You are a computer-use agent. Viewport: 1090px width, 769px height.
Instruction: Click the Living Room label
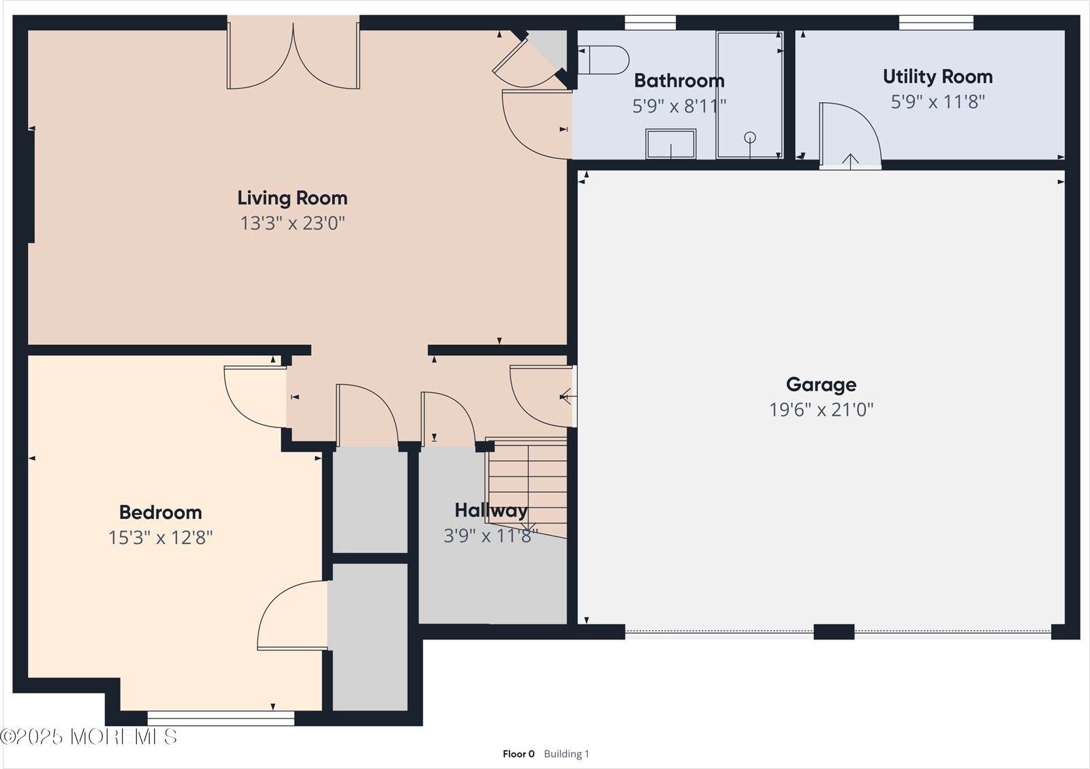pyautogui.click(x=292, y=198)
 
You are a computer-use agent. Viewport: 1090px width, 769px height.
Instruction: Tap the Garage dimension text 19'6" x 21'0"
pyautogui.click(x=821, y=410)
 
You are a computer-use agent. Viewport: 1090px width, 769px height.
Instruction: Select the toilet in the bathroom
pyautogui.click(x=604, y=60)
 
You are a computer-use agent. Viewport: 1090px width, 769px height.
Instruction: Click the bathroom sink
pyautogui.click(x=671, y=144)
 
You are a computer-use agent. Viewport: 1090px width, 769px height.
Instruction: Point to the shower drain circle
pyautogui.click(x=750, y=138)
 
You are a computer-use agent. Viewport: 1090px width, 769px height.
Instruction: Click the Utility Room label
pyautogui.click(x=937, y=76)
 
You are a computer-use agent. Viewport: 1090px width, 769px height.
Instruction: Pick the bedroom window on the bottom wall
pyautogui.click(x=221, y=717)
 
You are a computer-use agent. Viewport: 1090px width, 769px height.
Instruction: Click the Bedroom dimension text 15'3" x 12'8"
pyautogui.click(x=161, y=538)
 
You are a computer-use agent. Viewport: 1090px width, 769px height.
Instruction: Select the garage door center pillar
pyautogui.click(x=834, y=632)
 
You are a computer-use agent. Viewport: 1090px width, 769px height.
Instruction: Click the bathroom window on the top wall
pyautogui.click(x=650, y=22)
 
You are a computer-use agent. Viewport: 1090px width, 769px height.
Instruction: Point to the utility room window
pyautogui.click(x=935, y=22)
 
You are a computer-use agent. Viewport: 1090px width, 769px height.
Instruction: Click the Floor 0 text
pyautogui.click(x=518, y=754)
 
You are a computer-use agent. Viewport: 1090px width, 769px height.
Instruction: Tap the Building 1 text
pyautogui.click(x=566, y=754)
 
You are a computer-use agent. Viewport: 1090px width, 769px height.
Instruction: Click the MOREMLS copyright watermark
pyautogui.click(x=89, y=737)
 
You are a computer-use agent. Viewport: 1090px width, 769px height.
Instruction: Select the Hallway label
pyautogui.click(x=490, y=511)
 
